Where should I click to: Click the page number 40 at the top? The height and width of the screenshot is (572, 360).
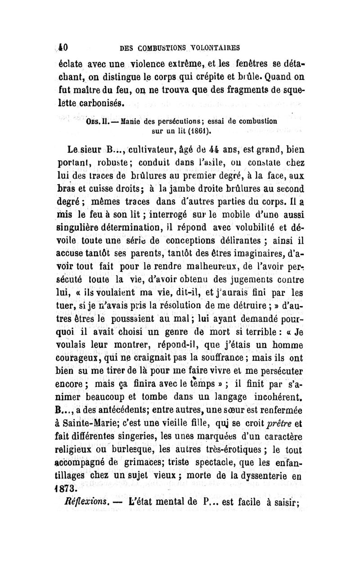(x=62, y=46)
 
